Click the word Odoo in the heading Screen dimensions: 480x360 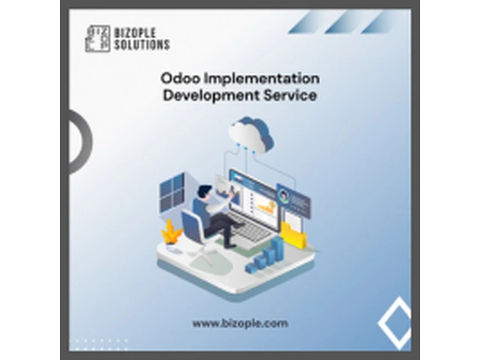point(181,78)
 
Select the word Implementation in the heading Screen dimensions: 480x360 point(262,79)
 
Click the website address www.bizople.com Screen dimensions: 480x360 point(240,323)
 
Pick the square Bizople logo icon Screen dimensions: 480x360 point(97,38)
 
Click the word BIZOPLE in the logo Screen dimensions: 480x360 point(135,33)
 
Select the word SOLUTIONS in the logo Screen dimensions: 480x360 point(142,44)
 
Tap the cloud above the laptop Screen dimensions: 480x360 point(251,134)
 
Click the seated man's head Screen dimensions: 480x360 point(204,192)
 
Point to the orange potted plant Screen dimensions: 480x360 point(172,232)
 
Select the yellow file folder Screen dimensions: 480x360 point(293,234)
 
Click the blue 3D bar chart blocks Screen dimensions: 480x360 point(265,255)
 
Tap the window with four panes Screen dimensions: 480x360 point(172,192)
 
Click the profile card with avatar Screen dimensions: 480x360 point(293,200)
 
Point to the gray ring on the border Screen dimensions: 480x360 point(87,142)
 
